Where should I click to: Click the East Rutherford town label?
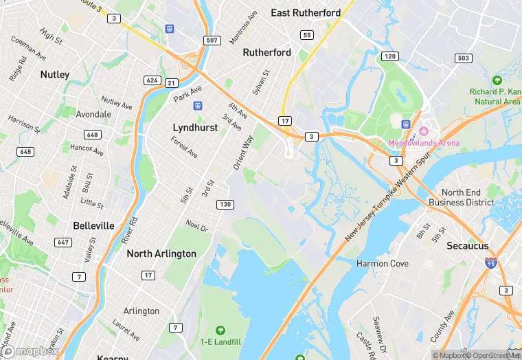click(306, 13)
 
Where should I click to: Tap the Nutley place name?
click(54, 74)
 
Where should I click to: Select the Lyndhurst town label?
click(195, 128)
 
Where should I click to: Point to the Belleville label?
click(93, 226)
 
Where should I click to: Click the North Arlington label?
click(161, 254)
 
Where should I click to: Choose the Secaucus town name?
click(467, 245)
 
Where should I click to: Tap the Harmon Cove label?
click(383, 263)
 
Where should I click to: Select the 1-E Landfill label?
click(220, 341)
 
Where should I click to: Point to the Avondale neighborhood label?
click(93, 114)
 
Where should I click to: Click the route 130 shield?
click(225, 205)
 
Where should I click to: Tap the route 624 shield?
click(152, 80)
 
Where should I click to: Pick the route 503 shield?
click(463, 58)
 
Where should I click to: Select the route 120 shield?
click(389, 56)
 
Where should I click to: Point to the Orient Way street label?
click(243, 153)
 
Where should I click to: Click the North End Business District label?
click(461, 197)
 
